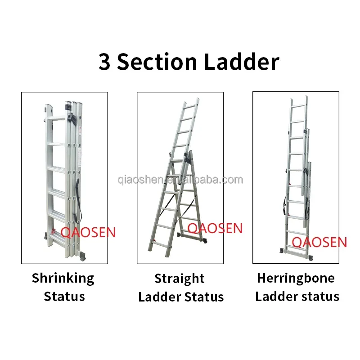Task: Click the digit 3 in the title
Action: click(x=104, y=62)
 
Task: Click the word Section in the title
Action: click(x=157, y=62)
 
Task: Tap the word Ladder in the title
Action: click(x=241, y=61)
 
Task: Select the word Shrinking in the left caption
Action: click(x=63, y=279)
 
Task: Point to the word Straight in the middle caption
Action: click(x=179, y=279)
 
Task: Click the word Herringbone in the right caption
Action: click(x=296, y=278)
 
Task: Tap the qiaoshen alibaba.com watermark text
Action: click(x=180, y=180)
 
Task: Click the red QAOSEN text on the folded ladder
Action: click(x=88, y=232)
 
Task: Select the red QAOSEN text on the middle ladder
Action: click(x=215, y=228)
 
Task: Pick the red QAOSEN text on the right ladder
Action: click(x=319, y=242)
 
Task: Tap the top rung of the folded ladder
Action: click(x=56, y=118)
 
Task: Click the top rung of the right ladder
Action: click(x=298, y=106)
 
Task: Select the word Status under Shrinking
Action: click(x=64, y=297)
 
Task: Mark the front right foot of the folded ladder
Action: click(x=81, y=256)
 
